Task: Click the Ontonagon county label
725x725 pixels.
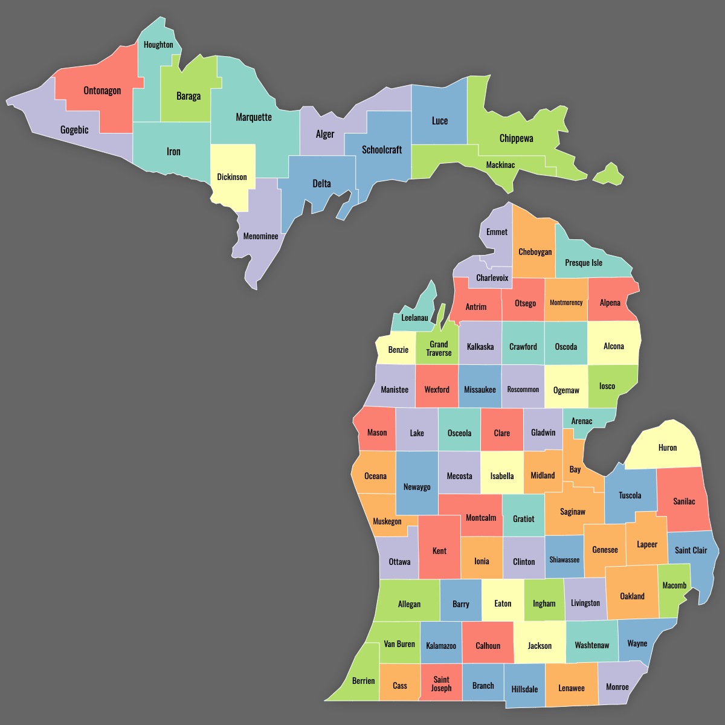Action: click(102, 91)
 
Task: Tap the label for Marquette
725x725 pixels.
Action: click(254, 117)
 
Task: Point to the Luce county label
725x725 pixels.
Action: click(440, 121)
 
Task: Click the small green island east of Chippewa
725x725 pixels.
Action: click(609, 175)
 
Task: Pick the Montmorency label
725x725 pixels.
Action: click(566, 303)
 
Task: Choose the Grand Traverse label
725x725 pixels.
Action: click(439, 349)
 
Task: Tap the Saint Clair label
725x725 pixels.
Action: click(691, 550)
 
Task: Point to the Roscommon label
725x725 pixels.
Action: click(523, 390)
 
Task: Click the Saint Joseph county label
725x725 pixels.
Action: click(441, 684)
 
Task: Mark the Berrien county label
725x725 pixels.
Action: click(364, 681)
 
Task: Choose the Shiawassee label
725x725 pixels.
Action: click(564, 560)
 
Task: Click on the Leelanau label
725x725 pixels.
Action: click(414, 318)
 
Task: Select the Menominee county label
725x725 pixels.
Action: click(260, 236)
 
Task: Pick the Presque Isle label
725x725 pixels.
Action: click(584, 263)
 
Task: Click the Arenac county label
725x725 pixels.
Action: click(582, 421)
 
